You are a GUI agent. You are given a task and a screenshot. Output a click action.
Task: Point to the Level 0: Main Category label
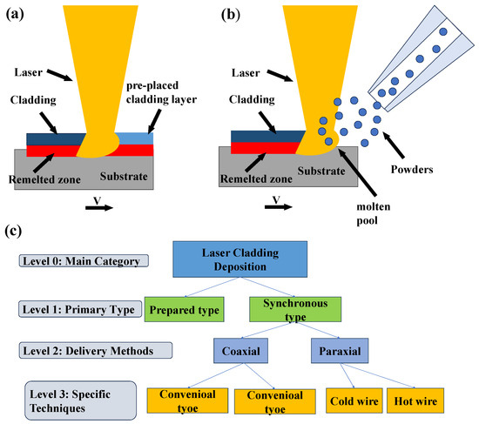pos(81,259)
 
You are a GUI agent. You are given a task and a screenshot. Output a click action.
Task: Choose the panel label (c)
pos(13,232)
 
